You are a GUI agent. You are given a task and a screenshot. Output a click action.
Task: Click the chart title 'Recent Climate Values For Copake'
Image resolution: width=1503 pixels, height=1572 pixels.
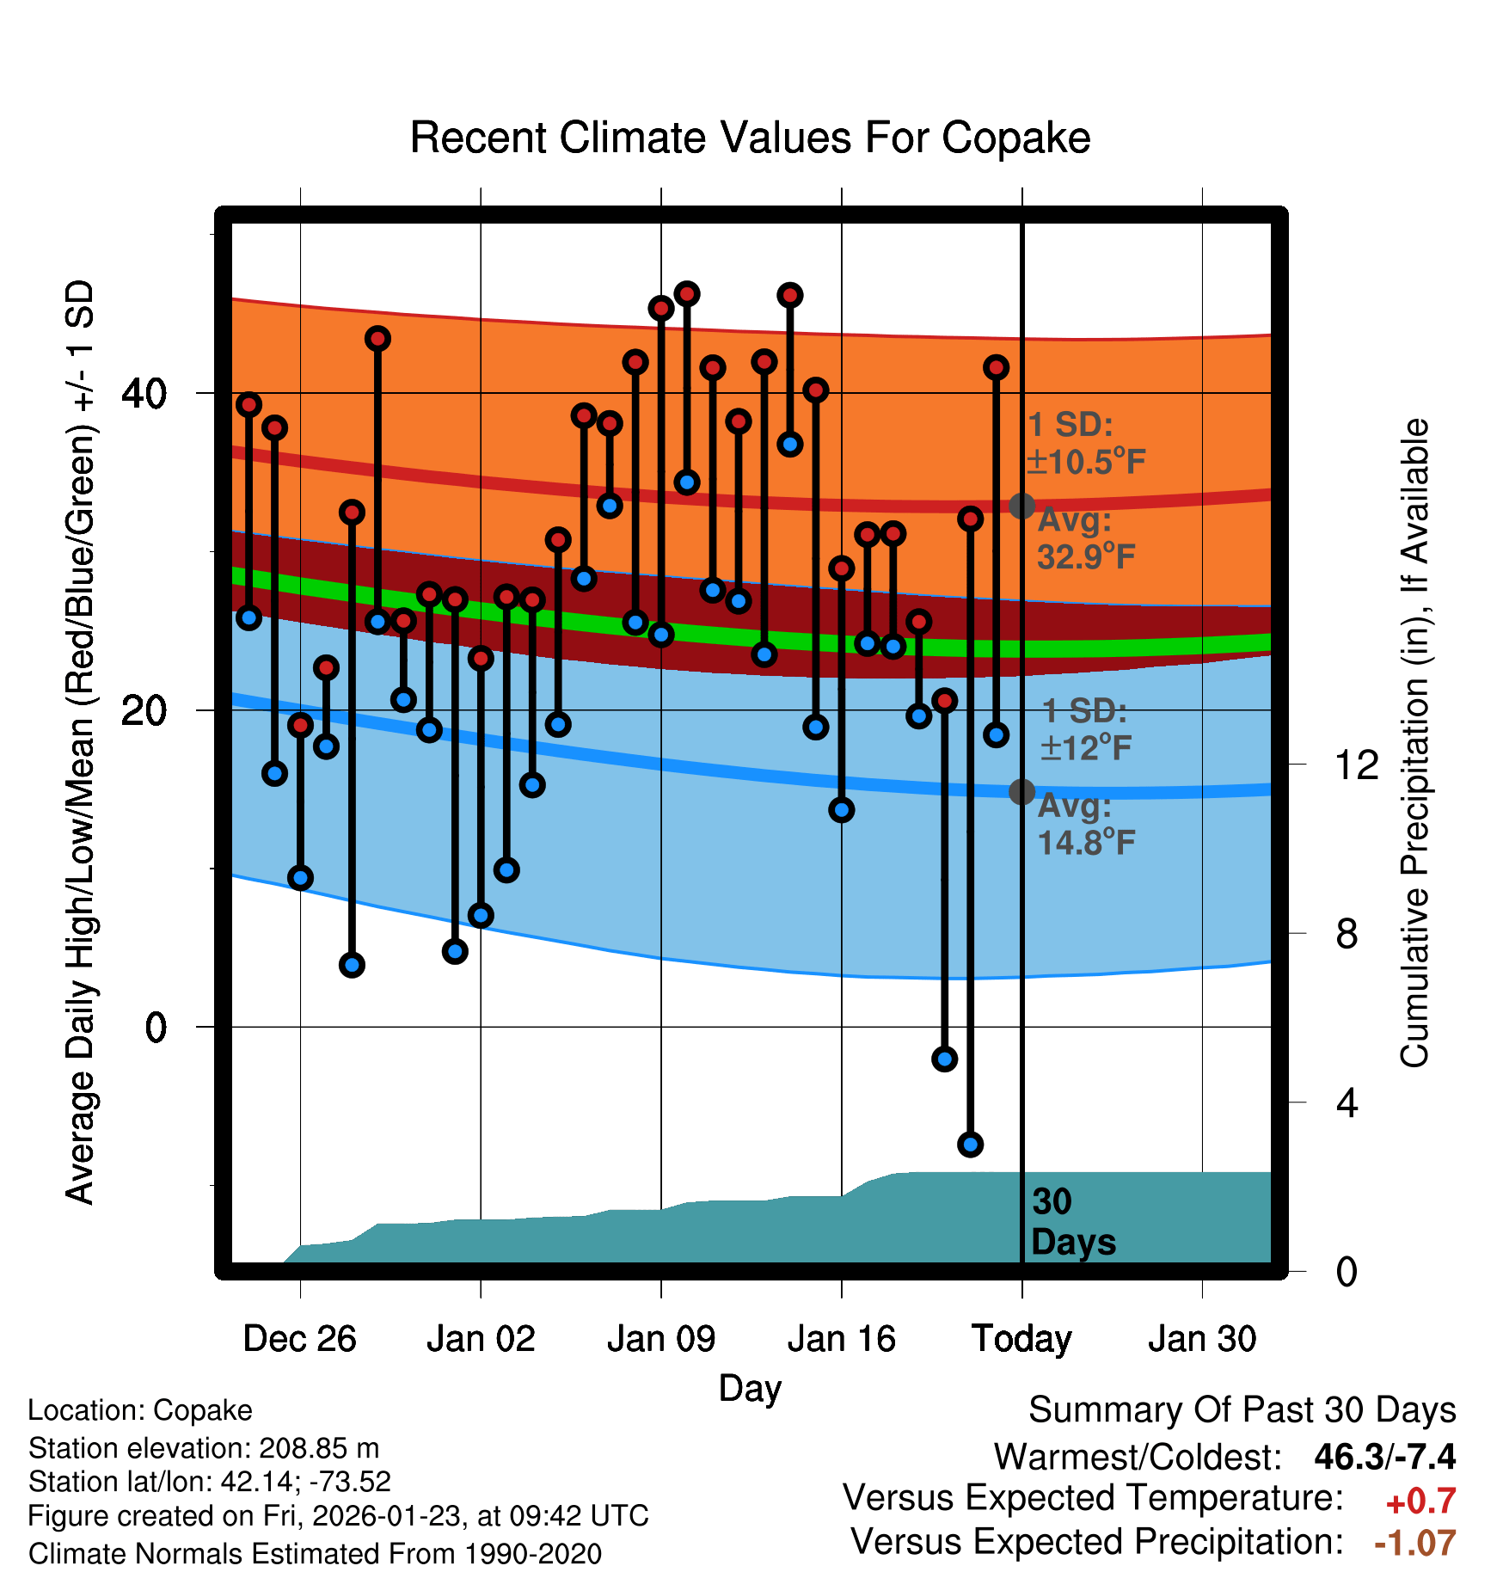point(750,138)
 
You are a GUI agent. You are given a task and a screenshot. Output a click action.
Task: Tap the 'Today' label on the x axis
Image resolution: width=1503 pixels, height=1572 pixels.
point(1021,1339)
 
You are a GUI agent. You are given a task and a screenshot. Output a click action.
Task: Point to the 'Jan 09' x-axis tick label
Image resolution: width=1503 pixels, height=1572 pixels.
point(660,1339)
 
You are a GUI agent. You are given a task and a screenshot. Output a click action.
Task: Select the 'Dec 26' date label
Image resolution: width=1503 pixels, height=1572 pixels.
point(299,1339)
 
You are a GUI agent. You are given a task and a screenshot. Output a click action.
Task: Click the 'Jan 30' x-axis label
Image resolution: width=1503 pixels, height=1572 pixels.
point(1202,1339)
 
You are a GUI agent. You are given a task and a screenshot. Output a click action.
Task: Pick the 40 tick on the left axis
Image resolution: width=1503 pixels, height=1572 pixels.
point(144,394)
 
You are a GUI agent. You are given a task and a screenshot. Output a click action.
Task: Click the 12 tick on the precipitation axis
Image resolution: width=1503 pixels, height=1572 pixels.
point(1356,765)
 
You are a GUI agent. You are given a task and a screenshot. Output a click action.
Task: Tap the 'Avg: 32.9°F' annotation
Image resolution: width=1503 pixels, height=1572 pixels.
point(1085,539)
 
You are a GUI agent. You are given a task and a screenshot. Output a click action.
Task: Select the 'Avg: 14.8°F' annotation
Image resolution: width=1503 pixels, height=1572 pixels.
point(1085,825)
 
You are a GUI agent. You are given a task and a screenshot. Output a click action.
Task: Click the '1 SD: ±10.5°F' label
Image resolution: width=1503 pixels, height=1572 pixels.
point(1085,444)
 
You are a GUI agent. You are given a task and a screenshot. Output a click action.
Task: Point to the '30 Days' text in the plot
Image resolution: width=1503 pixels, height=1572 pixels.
point(1072,1222)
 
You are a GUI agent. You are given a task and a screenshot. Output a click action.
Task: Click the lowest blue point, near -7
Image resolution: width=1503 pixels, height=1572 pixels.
point(970,1145)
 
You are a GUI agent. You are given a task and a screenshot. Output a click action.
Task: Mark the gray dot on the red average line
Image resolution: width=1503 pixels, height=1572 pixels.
point(1021,506)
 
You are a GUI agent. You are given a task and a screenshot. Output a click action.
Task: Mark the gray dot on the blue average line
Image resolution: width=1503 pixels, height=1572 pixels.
point(1021,792)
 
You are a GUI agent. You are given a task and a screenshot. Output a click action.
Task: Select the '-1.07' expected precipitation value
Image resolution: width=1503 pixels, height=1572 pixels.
point(1414,1543)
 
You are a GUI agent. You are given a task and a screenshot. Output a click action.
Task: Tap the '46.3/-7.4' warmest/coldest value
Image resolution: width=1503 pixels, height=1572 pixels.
point(1384,1457)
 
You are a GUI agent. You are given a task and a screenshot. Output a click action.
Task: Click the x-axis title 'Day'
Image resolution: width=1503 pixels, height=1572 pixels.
point(750,1388)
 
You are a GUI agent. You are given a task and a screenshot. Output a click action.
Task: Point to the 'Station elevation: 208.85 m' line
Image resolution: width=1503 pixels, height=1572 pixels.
point(204,1448)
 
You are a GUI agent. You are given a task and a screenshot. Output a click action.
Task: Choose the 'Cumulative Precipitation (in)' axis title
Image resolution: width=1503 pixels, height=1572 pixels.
point(1414,743)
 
